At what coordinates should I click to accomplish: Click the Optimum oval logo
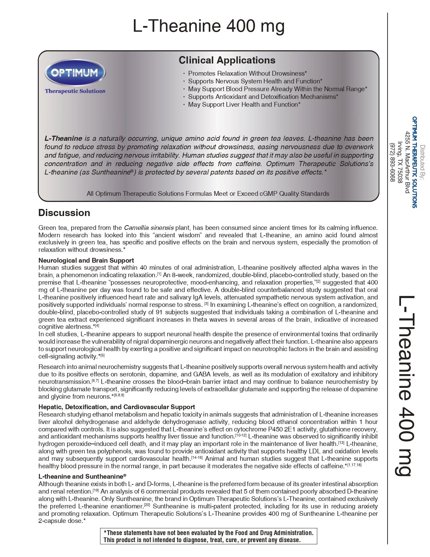tap(75, 72)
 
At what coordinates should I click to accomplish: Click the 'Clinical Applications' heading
tap(227, 60)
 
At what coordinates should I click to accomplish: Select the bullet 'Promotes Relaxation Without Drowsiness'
tap(247, 73)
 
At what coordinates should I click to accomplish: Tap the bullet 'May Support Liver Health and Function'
tap(244, 104)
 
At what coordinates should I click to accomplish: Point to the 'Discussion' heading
tap(64, 213)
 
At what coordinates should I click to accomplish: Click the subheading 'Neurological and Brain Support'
tap(86, 260)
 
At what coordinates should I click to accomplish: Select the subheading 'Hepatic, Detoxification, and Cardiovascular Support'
tap(117, 407)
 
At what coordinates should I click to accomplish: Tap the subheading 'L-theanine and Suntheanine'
tap(82, 476)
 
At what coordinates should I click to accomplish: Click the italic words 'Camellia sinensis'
tap(149, 228)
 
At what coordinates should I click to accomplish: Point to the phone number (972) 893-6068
tap(392, 162)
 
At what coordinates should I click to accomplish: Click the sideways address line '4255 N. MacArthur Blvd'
tap(407, 162)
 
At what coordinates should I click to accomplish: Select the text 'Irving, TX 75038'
tap(400, 162)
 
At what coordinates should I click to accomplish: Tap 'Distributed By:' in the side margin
tap(422, 162)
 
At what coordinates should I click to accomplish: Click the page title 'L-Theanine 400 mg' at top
tap(208, 26)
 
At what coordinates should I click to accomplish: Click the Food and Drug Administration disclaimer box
tap(208, 536)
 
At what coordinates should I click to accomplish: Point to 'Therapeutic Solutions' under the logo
tap(75, 91)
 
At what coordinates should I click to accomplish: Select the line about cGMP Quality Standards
tap(208, 193)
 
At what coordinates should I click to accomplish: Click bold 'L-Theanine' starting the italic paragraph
tap(63, 138)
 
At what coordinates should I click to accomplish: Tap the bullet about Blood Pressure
tap(277, 89)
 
